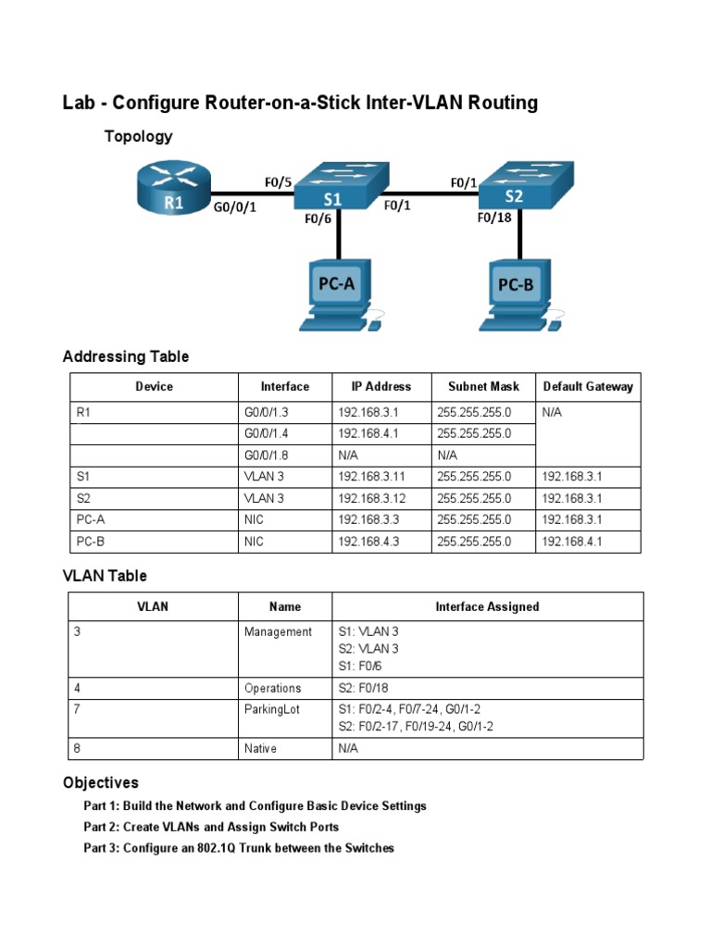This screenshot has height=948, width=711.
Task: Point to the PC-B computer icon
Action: pyautogui.click(x=518, y=294)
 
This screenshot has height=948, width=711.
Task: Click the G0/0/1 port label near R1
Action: pyautogui.click(x=235, y=208)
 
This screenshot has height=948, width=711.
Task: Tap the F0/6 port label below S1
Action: pyautogui.click(x=318, y=220)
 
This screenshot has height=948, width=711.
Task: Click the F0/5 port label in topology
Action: pyautogui.click(x=278, y=183)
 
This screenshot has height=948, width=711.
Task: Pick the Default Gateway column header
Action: pyautogui.click(x=588, y=387)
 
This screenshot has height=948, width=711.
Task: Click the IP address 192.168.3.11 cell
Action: pyautogui.click(x=372, y=478)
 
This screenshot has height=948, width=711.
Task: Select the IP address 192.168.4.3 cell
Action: pyautogui.click(x=368, y=543)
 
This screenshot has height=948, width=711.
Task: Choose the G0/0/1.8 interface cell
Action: pyautogui.click(x=268, y=456)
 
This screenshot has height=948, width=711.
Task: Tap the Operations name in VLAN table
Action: pyautogui.click(x=273, y=689)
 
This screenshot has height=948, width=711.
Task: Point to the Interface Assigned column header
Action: pyautogui.click(x=487, y=607)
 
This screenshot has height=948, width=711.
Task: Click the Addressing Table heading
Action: pyautogui.click(x=126, y=356)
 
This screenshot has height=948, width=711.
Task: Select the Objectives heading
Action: pyautogui.click(x=101, y=782)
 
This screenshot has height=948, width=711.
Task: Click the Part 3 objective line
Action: pyautogui.click(x=239, y=848)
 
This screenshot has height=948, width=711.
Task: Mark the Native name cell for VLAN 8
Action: pyautogui.click(x=260, y=749)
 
